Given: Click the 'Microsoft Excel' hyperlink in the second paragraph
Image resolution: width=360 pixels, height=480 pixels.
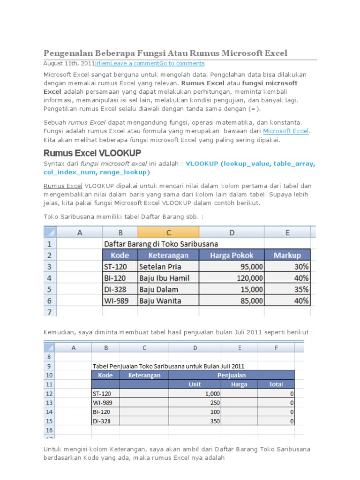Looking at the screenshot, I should pos(285,131).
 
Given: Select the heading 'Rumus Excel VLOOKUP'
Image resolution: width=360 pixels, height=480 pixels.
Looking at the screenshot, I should pos(92,153).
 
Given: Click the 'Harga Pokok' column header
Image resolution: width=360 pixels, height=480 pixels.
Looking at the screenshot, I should pos(232,255).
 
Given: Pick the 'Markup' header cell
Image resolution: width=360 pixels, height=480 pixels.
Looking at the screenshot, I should pos(287,255).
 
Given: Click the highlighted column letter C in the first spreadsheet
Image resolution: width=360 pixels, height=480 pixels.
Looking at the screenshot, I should pos(168,232).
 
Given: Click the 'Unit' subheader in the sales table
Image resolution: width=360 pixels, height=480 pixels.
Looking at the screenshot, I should pos(195,384).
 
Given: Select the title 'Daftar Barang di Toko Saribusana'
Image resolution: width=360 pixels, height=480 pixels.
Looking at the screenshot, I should pos(161,244).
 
